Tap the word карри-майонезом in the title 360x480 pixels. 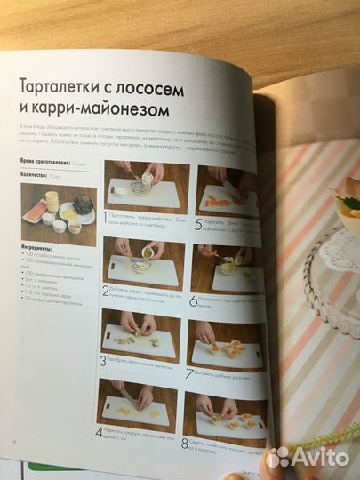click(x=106, y=113)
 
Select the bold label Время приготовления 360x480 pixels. click(x=44, y=163)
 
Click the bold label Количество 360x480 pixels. click(x=35, y=175)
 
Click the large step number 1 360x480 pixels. click(x=106, y=215)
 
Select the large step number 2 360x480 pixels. click(x=106, y=290)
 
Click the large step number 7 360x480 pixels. click(x=188, y=372)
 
